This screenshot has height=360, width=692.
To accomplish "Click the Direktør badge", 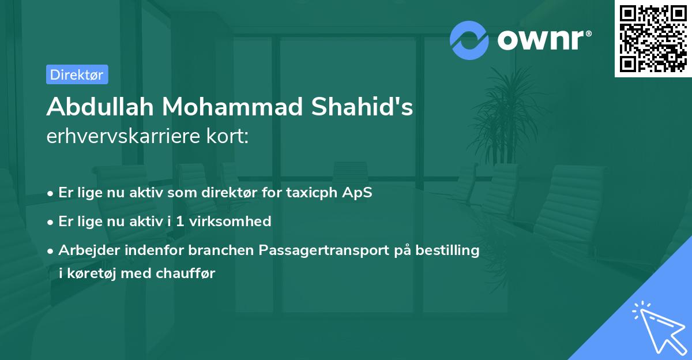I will pyautogui.click(x=77, y=74).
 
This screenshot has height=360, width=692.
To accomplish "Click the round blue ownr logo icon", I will pyautogui.click(x=469, y=40).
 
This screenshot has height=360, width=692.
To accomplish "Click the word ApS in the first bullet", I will pyautogui.click(x=358, y=193).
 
